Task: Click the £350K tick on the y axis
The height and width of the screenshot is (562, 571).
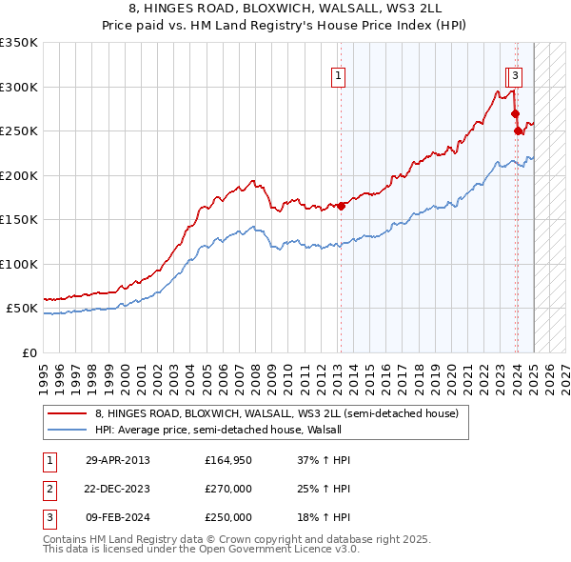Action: click(x=19, y=43)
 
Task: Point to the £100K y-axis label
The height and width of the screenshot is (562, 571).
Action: click(x=19, y=264)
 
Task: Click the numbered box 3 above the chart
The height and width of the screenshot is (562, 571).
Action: click(x=515, y=77)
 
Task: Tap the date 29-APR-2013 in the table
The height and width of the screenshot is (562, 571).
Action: click(x=118, y=460)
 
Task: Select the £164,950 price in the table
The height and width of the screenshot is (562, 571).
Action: click(x=228, y=460)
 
